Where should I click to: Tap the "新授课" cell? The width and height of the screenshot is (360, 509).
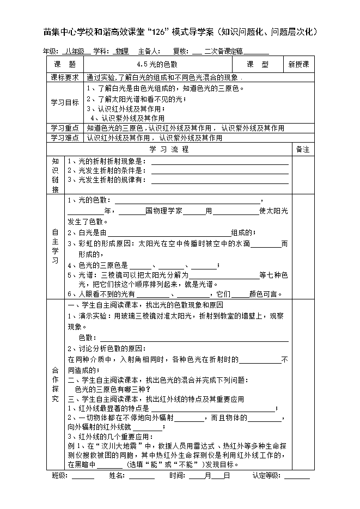(x=298, y=64)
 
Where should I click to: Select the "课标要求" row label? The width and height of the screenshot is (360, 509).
(x=65, y=77)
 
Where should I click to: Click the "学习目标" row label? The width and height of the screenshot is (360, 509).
(x=65, y=102)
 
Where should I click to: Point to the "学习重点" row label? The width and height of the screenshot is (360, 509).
(x=65, y=128)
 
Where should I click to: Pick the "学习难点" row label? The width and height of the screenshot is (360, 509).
(x=65, y=138)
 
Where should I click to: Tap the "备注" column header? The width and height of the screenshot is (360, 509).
(x=302, y=149)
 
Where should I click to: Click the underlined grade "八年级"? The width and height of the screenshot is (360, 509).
(x=76, y=51)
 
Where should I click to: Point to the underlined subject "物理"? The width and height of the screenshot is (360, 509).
(x=121, y=51)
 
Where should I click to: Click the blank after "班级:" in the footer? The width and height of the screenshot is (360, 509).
(x=83, y=476)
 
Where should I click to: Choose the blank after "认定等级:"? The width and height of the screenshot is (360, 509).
(x=297, y=476)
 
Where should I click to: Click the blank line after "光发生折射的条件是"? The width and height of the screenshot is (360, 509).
(x=219, y=170)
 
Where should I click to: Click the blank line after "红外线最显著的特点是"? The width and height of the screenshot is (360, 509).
(x=212, y=408)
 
